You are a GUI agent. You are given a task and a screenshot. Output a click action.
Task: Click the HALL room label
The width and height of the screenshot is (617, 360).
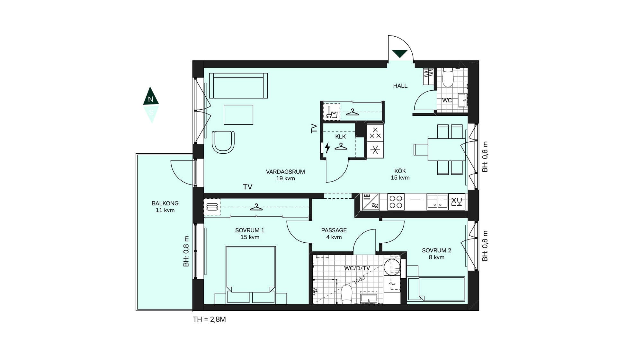coord(400,86)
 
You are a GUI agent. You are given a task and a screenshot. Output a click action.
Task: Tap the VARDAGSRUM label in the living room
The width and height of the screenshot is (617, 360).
coord(285,172)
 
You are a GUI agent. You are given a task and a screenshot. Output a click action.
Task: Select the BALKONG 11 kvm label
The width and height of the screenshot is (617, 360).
coord(165,207)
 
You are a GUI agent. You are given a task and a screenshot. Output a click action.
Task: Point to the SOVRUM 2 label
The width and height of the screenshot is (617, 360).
coord(436,250)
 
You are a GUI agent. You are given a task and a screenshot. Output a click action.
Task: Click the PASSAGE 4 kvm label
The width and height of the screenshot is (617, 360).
coord(334,234)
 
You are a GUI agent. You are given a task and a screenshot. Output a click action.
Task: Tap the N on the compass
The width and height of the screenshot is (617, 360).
coord(150,99)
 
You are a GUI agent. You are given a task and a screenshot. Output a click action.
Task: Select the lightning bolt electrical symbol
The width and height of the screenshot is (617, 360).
coord(327,148)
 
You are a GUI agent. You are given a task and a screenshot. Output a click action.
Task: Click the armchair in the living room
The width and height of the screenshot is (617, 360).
coord(223,142)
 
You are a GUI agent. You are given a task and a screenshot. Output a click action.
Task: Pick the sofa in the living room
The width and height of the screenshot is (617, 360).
coord(238,86)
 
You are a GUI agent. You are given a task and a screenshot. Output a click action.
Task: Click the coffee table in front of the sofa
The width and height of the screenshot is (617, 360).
coord(238,115)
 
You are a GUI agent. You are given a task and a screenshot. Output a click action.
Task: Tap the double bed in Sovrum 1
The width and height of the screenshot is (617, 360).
coord(251,275)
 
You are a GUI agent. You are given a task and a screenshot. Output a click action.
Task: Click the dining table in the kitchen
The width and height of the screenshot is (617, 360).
coord(446,149)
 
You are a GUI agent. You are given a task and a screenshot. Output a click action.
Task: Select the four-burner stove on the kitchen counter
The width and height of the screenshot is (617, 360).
coord(396,202)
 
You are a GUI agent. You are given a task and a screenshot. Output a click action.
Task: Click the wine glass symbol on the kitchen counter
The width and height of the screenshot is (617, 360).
coord(457,202)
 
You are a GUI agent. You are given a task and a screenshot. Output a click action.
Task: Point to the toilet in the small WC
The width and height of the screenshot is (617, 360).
coord(447,77)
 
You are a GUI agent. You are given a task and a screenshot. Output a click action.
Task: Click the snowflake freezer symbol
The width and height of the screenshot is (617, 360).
coord(375,150)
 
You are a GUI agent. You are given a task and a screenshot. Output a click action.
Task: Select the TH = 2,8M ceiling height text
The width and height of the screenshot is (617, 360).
coord(209,319)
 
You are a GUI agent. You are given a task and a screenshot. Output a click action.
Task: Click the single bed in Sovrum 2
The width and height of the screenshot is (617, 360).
coord(436,289)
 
